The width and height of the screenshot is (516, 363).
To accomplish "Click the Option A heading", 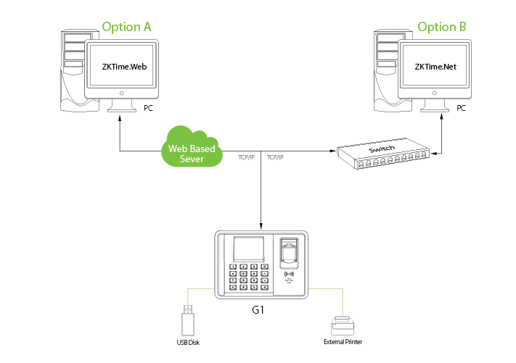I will point(126,28).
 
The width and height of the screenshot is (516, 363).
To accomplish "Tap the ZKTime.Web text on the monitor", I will point(123,66).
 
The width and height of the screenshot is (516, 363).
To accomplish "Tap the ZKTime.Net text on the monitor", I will point(435,66).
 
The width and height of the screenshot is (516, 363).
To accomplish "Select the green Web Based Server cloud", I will point(192,149).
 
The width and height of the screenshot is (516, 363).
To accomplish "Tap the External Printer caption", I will point(343,342).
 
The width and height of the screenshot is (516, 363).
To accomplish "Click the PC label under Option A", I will point(149,108).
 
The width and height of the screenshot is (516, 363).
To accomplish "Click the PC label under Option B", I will point(462,108).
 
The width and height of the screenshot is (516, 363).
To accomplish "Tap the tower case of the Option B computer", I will point(385,69).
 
